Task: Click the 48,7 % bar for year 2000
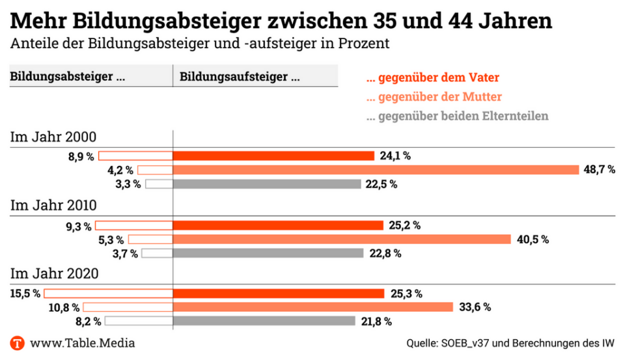click(376, 170)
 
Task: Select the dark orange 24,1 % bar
click(273, 156)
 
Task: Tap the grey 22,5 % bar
click(267, 184)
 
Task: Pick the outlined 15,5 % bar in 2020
click(108, 294)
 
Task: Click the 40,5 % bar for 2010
click(342, 240)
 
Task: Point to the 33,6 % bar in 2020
click(312, 307)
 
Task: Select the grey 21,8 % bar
click(264, 321)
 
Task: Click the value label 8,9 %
click(81, 156)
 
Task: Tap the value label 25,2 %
click(404, 226)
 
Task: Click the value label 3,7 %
click(125, 253)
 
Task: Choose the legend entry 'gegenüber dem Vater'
click(433, 78)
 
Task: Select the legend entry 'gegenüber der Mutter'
click(434, 97)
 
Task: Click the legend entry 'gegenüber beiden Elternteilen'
click(458, 117)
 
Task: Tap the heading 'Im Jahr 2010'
click(53, 206)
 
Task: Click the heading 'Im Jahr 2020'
click(54, 273)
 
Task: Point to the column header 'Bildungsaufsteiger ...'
click(240, 77)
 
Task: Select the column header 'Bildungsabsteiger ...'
click(68, 77)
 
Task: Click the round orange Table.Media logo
click(18, 342)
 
